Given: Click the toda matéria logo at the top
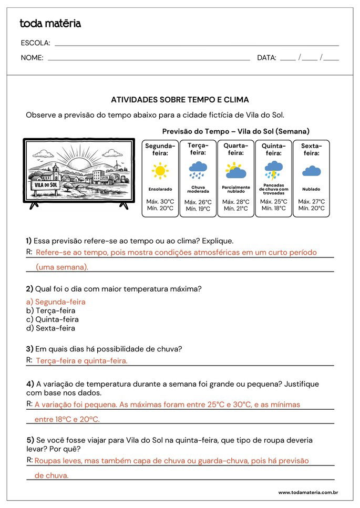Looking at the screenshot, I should click(50, 24).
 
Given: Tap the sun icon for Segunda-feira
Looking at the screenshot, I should click(160, 171).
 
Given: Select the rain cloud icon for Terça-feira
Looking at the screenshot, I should click(198, 170).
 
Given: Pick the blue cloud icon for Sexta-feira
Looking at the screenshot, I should click(312, 171).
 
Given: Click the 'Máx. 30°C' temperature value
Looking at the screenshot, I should click(160, 202).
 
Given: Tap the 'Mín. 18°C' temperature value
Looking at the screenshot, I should click(274, 209).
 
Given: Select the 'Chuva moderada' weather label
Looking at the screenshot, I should click(198, 189).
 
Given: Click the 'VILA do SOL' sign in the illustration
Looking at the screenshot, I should click(45, 185).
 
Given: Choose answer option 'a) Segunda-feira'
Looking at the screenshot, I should click(56, 302).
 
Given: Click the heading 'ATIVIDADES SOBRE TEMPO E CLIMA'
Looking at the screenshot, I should click(180, 100).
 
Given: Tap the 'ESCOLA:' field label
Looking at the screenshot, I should click(36, 43).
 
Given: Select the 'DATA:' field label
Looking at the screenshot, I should click(266, 58).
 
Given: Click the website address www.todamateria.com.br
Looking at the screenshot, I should click(308, 493).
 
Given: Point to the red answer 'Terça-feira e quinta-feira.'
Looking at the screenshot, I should click(81, 361).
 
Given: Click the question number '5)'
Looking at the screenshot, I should click(30, 440).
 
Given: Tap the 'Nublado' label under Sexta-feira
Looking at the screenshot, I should click(312, 189).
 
